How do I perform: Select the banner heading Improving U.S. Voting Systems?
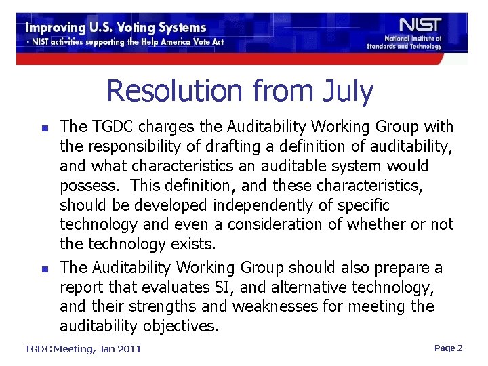[116, 28]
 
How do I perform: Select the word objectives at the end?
[180, 326]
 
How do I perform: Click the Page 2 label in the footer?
[448, 348]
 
